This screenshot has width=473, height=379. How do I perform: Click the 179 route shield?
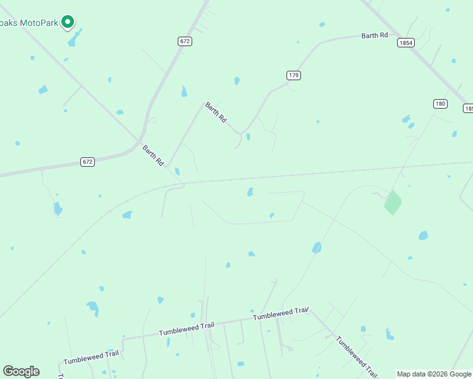(293, 75)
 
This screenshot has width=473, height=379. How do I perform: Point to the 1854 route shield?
(406, 43)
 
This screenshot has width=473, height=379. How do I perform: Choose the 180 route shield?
(441, 104)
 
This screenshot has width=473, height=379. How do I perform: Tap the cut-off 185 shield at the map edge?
(468, 109)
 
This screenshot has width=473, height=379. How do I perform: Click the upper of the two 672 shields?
(184, 41)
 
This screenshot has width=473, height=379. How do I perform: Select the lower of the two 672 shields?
(88, 162)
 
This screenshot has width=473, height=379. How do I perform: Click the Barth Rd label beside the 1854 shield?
(374, 35)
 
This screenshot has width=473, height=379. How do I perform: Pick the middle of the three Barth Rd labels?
(216, 112)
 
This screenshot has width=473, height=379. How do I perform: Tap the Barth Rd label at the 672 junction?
(154, 155)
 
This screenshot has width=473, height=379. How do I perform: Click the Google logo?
(21, 371)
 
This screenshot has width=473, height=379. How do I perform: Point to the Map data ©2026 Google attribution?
(434, 374)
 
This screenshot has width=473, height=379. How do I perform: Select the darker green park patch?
(392, 202)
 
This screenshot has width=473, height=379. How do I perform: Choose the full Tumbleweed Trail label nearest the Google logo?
(90, 358)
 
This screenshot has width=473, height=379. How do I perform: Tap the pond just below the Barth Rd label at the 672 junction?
(177, 171)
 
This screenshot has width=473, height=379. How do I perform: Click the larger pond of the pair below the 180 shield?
(406, 119)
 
